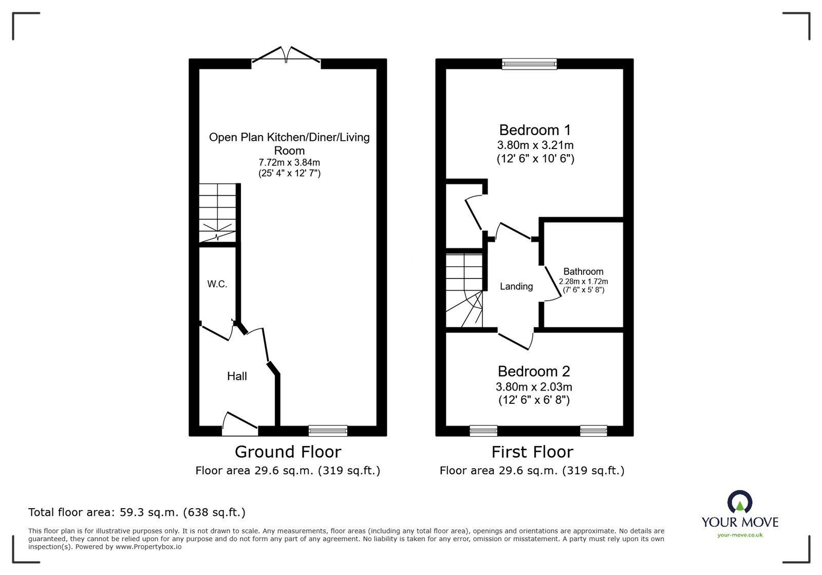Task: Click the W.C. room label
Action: pos(217,284)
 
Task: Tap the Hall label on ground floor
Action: pos(237,376)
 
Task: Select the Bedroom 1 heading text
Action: pos(534,129)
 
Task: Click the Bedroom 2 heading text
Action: pos(534,371)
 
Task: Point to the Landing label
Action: pos(516,287)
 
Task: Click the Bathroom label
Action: pos(583,271)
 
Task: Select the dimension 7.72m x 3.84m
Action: pos(289,162)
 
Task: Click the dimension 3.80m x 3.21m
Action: pos(535,145)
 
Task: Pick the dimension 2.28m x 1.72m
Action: pos(583,281)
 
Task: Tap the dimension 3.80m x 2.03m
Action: pos(534,386)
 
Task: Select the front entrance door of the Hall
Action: pos(240,422)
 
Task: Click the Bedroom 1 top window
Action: pos(529,64)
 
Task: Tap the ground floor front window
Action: pos(328,431)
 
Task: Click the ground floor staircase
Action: pos(218,212)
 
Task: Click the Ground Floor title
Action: pos(288,452)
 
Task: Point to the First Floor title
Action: pos(532,452)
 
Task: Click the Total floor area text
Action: pos(137,512)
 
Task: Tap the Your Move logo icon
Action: pos(740,502)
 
